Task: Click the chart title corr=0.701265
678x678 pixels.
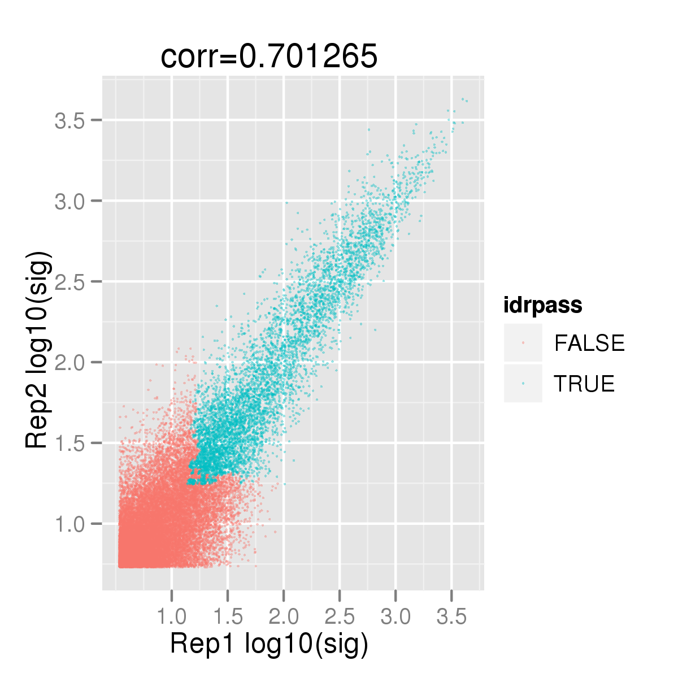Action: click(269, 56)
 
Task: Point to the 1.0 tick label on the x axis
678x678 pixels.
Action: click(171, 617)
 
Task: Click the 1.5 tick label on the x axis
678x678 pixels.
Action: click(228, 617)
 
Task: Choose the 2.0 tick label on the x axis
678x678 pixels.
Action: click(284, 617)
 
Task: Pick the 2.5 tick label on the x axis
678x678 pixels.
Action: click(340, 617)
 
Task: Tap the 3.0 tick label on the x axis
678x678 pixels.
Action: click(395, 617)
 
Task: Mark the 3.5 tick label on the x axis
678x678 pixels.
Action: click(451, 617)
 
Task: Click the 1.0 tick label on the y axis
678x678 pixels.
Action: click(69, 524)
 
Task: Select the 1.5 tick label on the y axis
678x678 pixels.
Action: click(69, 443)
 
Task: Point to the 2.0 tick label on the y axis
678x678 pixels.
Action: click(69, 362)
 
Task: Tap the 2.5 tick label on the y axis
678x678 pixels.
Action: click(69, 281)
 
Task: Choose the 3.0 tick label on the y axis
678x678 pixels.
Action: click(69, 201)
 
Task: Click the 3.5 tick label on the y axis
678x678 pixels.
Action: click(69, 120)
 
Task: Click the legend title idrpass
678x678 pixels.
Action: click(543, 306)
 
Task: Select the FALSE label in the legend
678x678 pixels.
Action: click(589, 343)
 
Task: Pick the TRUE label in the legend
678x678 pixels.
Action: click(584, 383)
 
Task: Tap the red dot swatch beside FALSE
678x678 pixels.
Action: click(523, 343)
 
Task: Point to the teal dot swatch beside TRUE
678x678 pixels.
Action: click(523, 383)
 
